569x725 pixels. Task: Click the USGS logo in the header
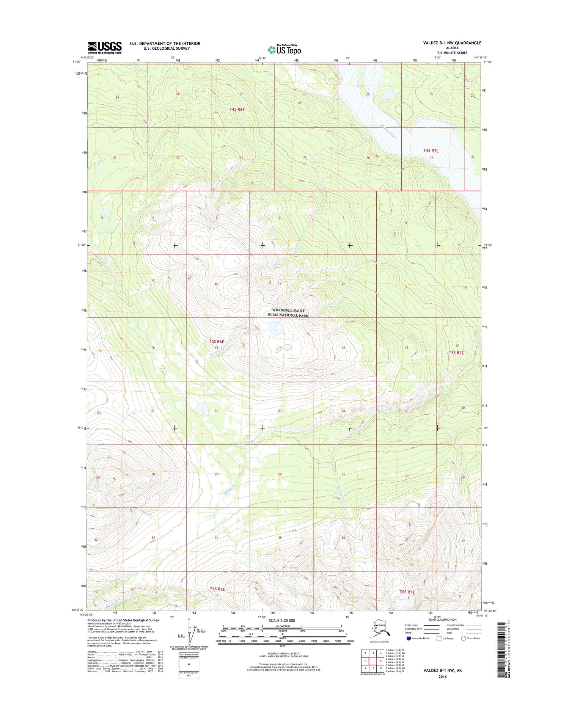[x=105, y=48]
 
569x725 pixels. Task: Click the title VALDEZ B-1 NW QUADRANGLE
[x=452, y=43]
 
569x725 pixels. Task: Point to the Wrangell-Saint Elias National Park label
[x=290, y=313]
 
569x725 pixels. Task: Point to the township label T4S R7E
[x=431, y=151]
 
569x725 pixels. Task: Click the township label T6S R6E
[x=217, y=589]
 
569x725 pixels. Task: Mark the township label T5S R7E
[x=456, y=353]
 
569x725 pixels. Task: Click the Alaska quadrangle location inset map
[x=380, y=629]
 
